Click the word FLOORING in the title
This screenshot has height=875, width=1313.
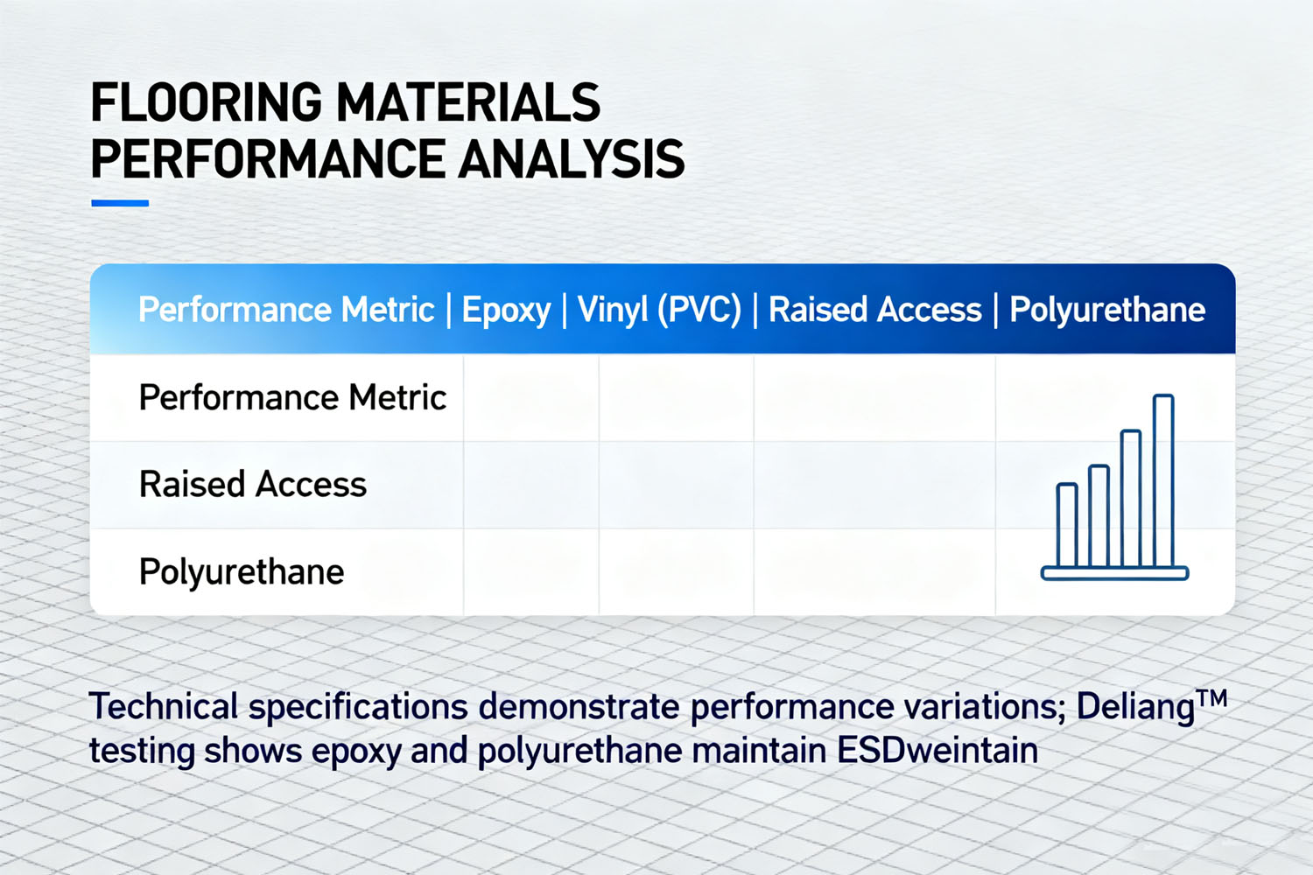[x=207, y=102]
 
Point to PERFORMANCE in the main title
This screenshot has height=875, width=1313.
[x=268, y=159]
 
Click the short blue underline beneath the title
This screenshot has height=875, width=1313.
[x=120, y=203]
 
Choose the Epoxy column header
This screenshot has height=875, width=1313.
[x=506, y=310]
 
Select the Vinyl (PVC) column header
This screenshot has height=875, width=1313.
[x=659, y=310]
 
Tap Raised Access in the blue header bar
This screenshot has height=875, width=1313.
[x=874, y=310]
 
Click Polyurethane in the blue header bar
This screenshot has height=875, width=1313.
[x=1107, y=310]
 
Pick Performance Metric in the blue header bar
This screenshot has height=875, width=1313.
[x=286, y=310]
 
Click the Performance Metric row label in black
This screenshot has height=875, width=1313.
[x=292, y=398]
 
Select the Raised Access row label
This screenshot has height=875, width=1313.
[x=253, y=485]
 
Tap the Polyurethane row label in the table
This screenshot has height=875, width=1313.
[x=242, y=572]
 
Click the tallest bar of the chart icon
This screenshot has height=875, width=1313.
[x=1163, y=481]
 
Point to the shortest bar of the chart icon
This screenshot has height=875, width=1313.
[x=1067, y=525]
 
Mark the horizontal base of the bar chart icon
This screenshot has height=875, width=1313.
[x=1114, y=574]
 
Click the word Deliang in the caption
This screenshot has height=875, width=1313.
[x=1135, y=707]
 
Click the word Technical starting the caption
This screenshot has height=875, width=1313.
[x=164, y=707]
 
